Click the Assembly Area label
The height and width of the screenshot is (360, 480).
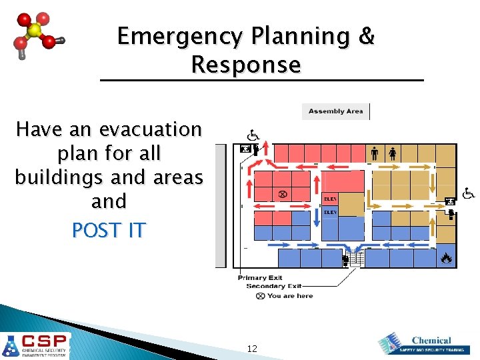tap(335, 111)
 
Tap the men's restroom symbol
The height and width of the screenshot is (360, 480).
tap(375, 153)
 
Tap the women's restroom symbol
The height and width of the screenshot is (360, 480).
tap(393, 153)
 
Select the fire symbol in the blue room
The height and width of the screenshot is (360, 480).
tap(446, 257)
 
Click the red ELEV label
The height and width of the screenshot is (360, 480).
tap(331, 199)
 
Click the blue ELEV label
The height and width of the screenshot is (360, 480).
tap(331, 212)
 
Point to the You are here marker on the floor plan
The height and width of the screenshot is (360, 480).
tap(282, 194)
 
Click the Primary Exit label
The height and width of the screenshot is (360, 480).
tap(260, 278)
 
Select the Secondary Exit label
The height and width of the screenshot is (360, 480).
tap(274, 287)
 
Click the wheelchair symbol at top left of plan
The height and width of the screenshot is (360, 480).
tap(255, 135)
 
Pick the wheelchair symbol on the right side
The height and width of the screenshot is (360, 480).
tap(469, 193)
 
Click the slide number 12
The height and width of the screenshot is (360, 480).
tap(252, 349)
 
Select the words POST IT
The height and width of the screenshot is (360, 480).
tap(109, 230)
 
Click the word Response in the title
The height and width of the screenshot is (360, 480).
tap(245, 65)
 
